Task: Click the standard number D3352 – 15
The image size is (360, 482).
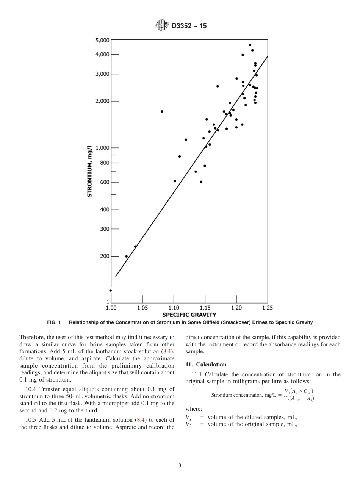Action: coord(189,26)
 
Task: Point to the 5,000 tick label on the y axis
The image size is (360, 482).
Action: coord(102,40)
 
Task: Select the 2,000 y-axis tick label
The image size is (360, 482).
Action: coord(102,101)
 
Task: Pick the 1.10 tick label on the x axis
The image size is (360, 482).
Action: coord(174,308)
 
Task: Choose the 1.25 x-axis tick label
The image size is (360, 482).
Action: coord(267,308)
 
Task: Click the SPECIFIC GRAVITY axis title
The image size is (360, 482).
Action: coord(189,315)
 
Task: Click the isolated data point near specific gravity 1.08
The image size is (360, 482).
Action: coord(162,111)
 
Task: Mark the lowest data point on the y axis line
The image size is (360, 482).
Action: coord(111,291)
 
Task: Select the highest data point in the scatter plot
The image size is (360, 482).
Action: coord(250,45)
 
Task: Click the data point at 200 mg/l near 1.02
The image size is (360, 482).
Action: coord(127,257)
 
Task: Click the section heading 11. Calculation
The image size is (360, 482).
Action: coord(206,365)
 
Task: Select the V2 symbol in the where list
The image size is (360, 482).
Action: coord(189,425)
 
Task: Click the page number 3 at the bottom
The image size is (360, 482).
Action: coord(180,466)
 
